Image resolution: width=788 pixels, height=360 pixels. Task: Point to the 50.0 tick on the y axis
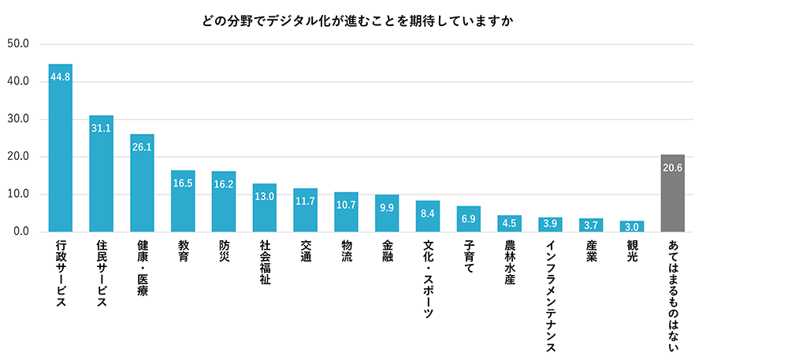17,43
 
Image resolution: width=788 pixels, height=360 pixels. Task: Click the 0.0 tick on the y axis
20,232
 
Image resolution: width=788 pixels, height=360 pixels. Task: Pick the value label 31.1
101,128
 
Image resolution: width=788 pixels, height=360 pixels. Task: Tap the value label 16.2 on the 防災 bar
224,184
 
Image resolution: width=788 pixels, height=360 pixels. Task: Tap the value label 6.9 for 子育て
468,218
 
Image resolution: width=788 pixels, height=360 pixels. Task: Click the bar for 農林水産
509,224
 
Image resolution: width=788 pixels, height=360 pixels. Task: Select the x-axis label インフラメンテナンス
550,296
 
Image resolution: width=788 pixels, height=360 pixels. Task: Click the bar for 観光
632,227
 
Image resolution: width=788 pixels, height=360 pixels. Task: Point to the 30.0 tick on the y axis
17,119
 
